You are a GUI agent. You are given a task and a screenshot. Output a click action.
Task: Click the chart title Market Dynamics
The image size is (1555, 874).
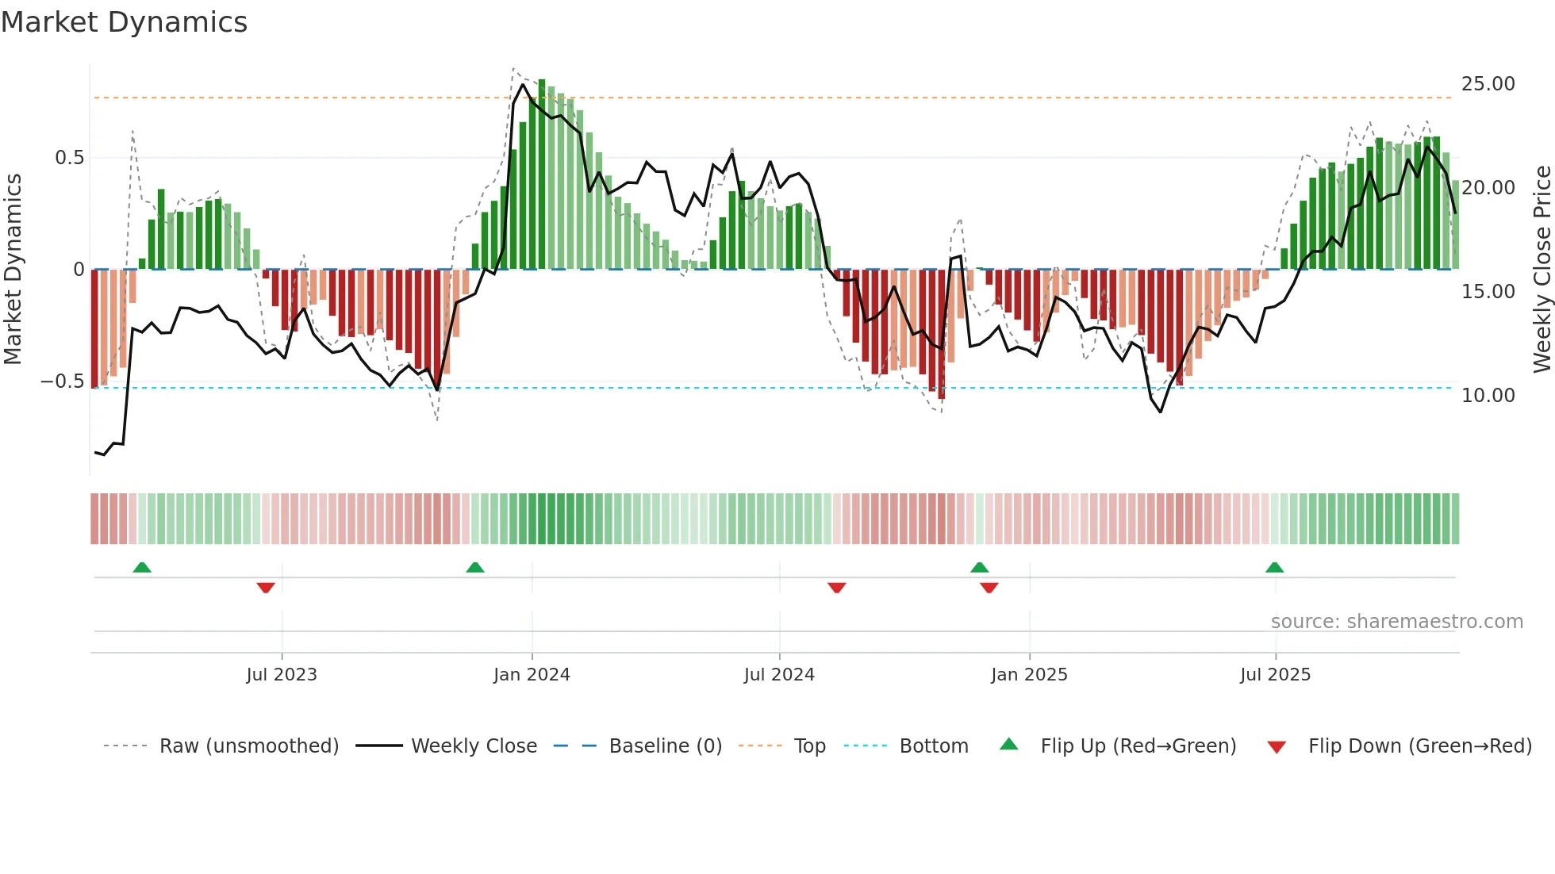click(124, 22)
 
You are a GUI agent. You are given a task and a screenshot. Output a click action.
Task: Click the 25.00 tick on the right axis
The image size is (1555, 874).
click(1488, 84)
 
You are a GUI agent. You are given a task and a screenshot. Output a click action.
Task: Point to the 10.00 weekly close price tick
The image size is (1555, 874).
click(1488, 396)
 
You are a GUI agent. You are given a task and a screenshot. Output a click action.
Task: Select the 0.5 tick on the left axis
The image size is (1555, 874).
click(69, 158)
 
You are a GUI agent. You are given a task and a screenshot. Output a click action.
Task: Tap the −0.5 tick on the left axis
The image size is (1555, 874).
click(63, 381)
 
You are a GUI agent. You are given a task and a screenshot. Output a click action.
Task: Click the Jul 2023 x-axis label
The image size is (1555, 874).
click(281, 675)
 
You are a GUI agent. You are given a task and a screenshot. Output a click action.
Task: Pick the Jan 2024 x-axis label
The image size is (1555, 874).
click(532, 675)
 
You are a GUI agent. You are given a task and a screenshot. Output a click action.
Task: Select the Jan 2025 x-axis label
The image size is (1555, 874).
click(1029, 675)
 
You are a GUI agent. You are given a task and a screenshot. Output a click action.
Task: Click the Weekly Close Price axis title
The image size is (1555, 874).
click(1542, 270)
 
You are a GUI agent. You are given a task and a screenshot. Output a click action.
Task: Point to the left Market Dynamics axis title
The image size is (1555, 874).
click(13, 270)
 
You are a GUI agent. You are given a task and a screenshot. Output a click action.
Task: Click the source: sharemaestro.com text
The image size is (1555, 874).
click(1396, 622)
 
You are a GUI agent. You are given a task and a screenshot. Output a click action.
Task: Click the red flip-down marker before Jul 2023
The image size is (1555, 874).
click(266, 588)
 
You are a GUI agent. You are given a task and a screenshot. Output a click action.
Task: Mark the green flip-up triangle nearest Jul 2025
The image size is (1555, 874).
click(1274, 568)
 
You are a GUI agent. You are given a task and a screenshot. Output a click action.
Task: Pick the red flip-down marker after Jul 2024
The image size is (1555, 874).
click(836, 588)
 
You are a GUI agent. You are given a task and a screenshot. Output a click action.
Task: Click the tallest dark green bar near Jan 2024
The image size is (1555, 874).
click(542, 174)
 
